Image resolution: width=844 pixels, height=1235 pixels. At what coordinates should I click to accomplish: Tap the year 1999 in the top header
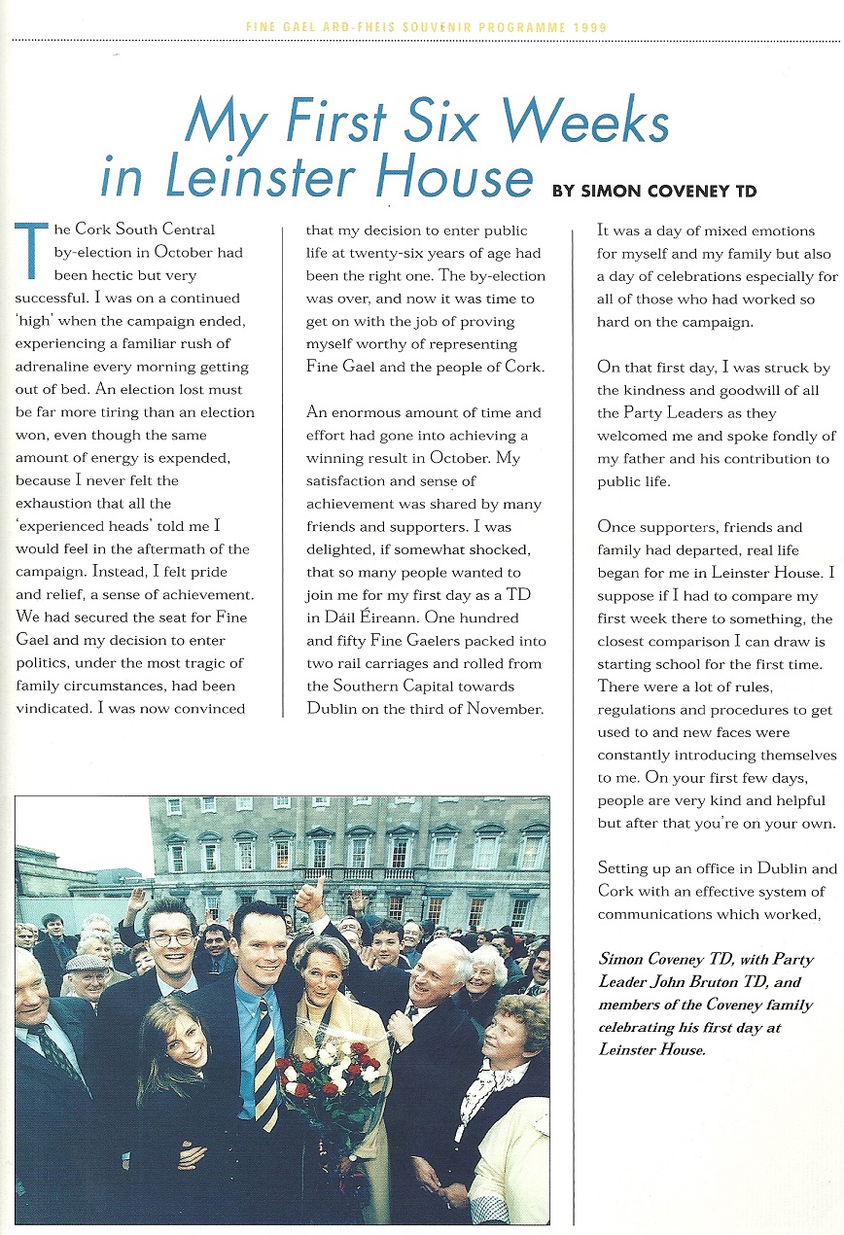click(588, 27)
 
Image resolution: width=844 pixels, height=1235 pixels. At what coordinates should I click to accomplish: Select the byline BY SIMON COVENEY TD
click(653, 191)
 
